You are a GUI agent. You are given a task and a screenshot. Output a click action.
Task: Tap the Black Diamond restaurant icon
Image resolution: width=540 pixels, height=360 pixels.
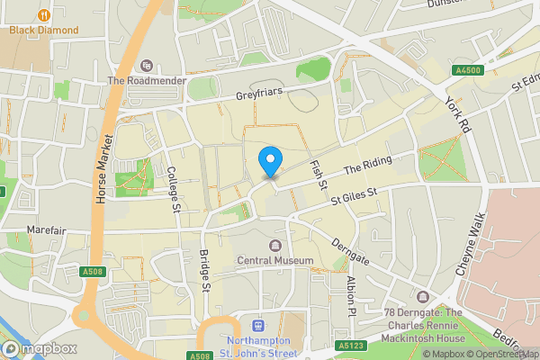44,14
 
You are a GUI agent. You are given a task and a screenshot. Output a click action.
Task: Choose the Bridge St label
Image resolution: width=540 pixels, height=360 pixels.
204,271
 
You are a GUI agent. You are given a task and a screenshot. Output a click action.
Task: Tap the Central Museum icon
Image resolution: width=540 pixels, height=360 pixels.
275,245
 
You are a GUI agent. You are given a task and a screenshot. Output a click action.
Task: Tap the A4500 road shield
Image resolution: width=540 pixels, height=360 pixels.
468,71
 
